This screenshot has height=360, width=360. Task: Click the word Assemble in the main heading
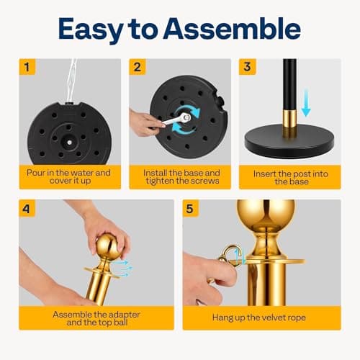[232, 29]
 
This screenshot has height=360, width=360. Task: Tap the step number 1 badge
[27, 67]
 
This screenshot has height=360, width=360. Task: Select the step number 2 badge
[138, 67]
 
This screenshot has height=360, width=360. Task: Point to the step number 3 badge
[247, 67]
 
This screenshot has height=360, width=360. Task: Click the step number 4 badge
[27, 208]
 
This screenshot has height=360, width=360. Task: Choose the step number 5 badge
[190, 208]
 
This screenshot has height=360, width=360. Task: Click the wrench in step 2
[176, 120]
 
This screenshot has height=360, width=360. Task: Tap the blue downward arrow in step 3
[306, 103]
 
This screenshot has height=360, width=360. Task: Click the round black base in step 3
[289, 141]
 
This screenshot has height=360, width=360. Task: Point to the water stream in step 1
[71, 81]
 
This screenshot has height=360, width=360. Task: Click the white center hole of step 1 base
[69, 143]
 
